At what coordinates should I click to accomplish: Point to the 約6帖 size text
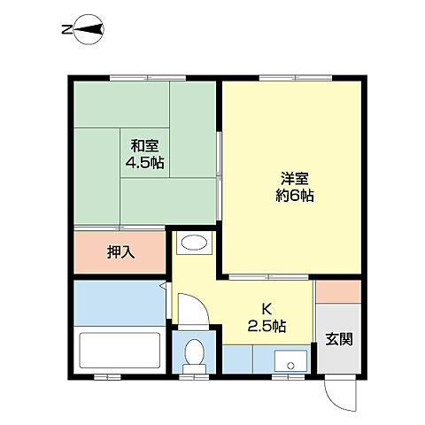pyautogui.click(x=294, y=196)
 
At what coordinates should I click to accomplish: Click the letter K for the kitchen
pyautogui.click(x=266, y=309)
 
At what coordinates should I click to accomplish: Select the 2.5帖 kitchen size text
pyautogui.click(x=266, y=325)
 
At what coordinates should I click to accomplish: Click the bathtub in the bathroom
pyautogui.click(x=120, y=352)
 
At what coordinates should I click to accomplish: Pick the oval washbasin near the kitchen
pyautogui.click(x=193, y=244)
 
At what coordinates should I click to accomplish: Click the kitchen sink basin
pyautogui.click(x=289, y=359)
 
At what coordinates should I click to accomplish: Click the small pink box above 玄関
pyautogui.click(x=338, y=290)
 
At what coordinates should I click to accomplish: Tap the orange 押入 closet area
pyautogui.click(x=97, y=252)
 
